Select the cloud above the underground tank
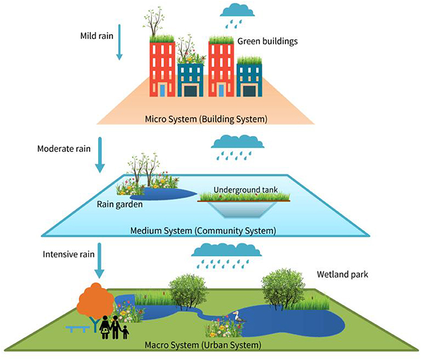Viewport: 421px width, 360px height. [x=238, y=142]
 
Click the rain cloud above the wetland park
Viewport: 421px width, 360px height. [x=226, y=251]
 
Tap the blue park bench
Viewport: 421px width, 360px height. [x=78, y=329]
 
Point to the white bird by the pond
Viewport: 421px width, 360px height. [x=238, y=318]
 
